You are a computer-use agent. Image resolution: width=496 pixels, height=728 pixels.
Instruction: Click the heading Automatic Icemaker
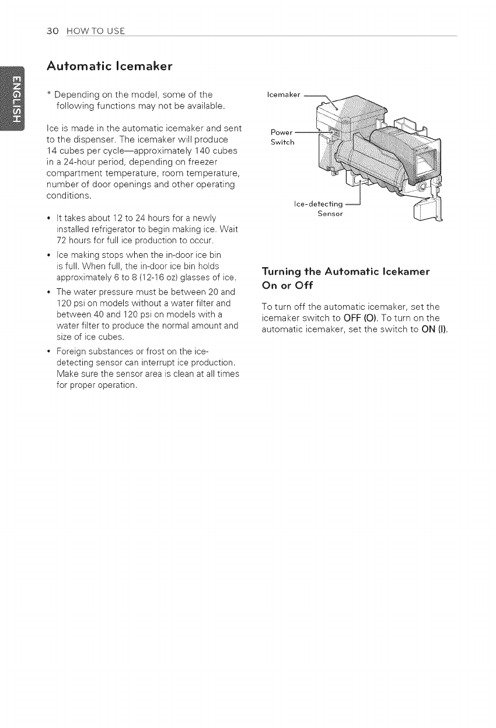coord(110,65)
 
